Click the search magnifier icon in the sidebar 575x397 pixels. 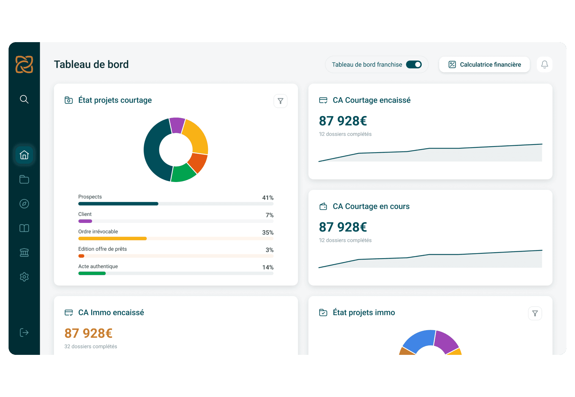(x=24, y=99)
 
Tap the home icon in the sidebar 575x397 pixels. (x=24, y=155)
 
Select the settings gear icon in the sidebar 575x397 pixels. (x=24, y=277)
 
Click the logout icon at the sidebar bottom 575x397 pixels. (x=24, y=333)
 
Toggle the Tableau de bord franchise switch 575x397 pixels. (x=414, y=64)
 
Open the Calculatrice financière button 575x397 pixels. (x=484, y=64)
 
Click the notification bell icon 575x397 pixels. (x=544, y=64)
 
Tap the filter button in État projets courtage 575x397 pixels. (x=280, y=101)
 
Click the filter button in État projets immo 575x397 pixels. (x=535, y=313)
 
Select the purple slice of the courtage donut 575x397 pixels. (x=177, y=125)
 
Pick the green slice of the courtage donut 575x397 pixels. (x=183, y=173)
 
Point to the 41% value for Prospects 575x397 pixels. (x=268, y=198)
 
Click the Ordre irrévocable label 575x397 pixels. (x=98, y=231)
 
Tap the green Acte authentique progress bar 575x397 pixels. (x=92, y=273)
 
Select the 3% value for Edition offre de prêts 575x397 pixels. (x=269, y=250)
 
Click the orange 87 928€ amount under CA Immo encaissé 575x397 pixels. (x=88, y=333)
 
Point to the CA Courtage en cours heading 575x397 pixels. (x=371, y=206)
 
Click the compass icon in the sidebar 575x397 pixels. (x=24, y=204)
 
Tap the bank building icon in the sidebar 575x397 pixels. (x=24, y=253)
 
